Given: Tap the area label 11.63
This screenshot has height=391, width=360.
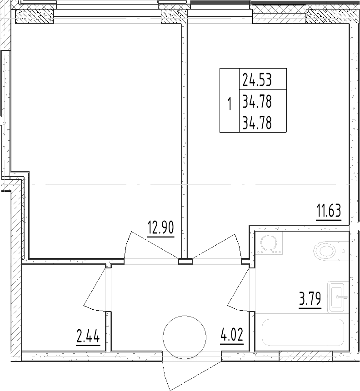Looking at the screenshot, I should pos(328,212).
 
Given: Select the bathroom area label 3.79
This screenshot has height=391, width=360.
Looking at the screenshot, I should pos(310,300).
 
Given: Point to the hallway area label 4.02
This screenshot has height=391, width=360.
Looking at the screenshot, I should pos(232,337).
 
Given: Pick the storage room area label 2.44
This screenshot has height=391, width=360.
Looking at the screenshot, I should pos(88,337).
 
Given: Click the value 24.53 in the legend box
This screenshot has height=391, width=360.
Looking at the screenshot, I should pos(257,80).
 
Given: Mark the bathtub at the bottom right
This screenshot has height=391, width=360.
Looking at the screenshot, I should pos(303,334).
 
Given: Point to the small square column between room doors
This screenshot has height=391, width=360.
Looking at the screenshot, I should pos(185,261).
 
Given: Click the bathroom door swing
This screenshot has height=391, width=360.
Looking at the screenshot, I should pos(239,291).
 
